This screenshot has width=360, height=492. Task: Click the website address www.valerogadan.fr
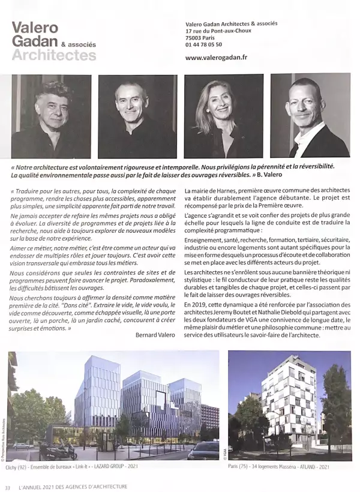point(217,58)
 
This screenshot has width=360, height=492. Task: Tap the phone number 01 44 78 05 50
point(204,44)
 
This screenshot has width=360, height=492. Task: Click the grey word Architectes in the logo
point(54,56)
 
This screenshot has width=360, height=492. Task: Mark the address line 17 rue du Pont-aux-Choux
point(218,31)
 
